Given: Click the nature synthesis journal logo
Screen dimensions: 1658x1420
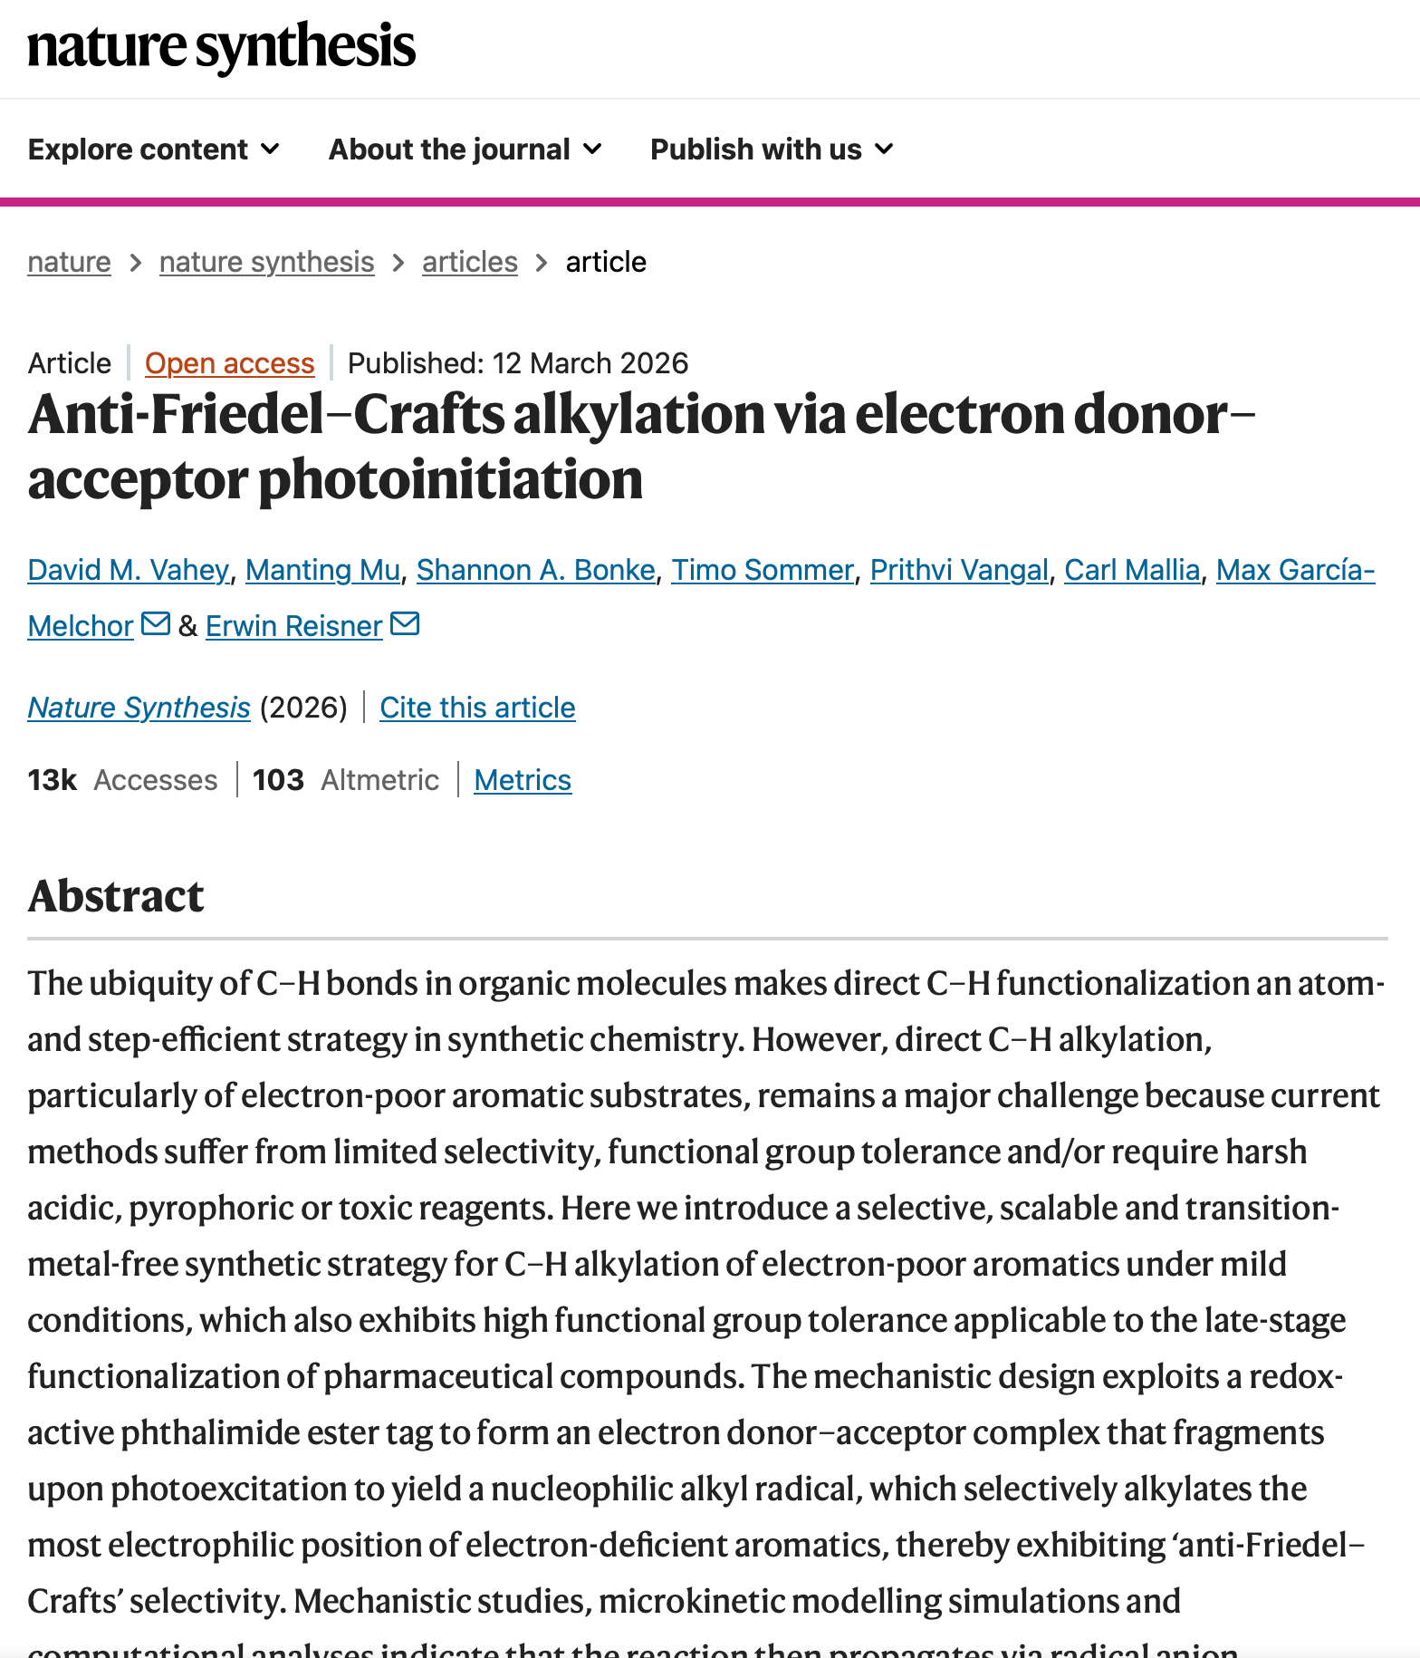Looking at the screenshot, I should click(x=221, y=47).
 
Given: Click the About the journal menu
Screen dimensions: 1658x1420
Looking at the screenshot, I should click(x=465, y=149).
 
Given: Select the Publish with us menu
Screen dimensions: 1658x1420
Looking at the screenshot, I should click(x=772, y=149).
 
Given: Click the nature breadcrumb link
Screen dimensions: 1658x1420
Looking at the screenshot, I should click(x=69, y=262).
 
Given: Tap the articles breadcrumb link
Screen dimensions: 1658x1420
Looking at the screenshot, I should click(x=469, y=262).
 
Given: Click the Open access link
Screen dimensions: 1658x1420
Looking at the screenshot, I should click(x=229, y=363).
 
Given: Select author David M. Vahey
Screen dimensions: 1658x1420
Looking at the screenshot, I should click(x=128, y=570).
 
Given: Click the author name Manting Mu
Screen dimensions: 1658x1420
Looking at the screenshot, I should click(x=322, y=570).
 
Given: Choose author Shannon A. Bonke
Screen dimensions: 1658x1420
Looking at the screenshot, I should click(x=535, y=570).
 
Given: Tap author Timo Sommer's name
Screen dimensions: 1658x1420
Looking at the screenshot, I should click(x=762, y=570).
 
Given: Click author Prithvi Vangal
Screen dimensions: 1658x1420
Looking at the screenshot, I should click(x=958, y=570).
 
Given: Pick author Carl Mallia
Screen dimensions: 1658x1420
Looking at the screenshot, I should click(x=1131, y=570).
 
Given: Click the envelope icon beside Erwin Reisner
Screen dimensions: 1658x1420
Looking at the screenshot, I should click(x=405, y=624).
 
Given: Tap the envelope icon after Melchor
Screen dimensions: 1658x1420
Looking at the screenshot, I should click(x=156, y=624).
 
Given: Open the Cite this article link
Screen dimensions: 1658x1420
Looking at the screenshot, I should click(x=477, y=708).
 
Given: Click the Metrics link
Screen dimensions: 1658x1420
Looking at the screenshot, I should click(x=523, y=780).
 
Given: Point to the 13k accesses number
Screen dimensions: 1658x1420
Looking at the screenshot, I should click(x=52, y=780).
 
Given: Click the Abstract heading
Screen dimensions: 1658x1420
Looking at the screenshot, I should click(x=116, y=896).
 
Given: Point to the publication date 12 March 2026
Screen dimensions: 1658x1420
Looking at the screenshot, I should click(x=590, y=363).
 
